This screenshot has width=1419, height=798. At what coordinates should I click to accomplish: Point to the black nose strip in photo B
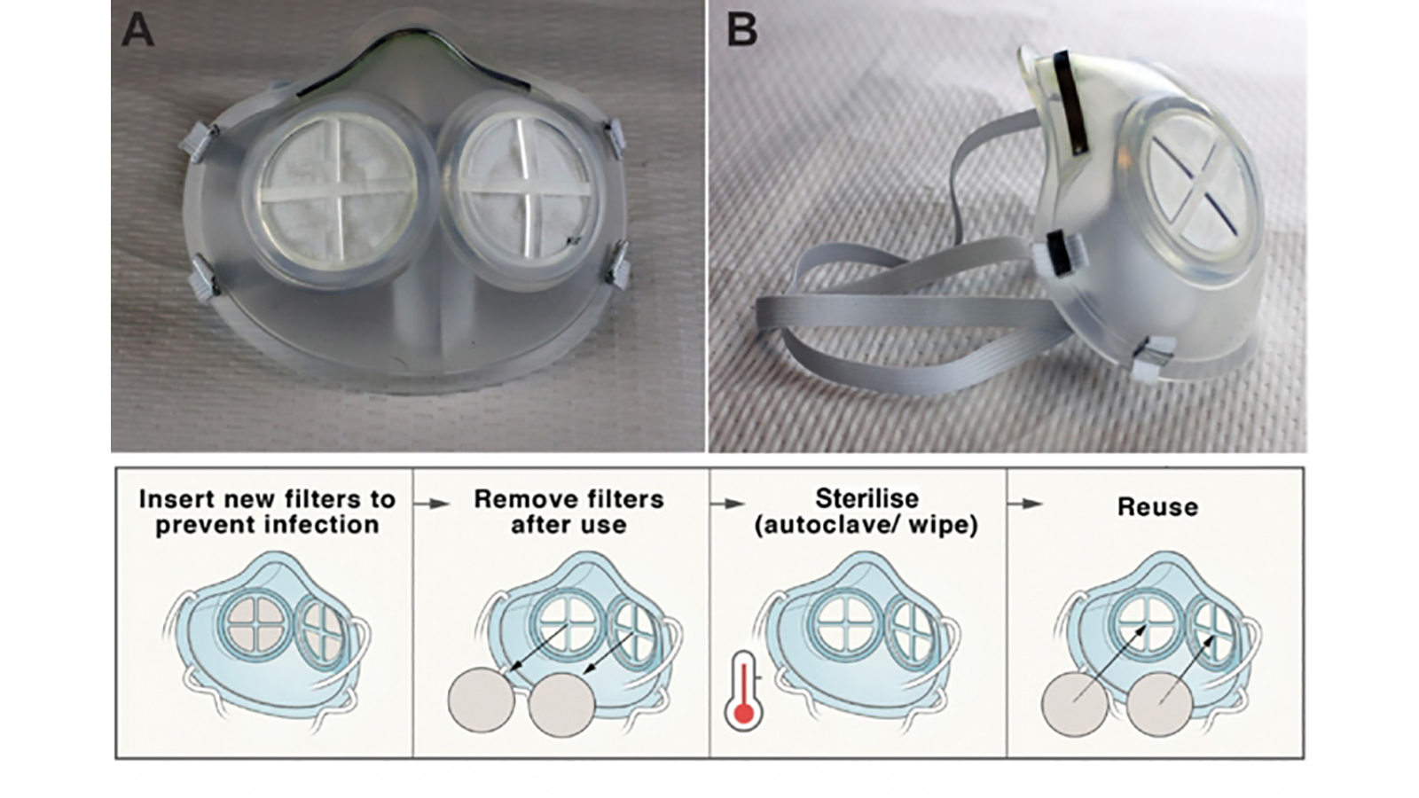[x=1071, y=103]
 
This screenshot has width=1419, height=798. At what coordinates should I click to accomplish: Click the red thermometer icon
[x=743, y=691]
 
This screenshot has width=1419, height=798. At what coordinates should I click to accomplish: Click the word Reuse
[x=1157, y=507]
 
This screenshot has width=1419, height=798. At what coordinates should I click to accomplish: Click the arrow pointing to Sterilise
[x=728, y=504]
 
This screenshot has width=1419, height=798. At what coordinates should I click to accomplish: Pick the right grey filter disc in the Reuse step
[x=1160, y=703]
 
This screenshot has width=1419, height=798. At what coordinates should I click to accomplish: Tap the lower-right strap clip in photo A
[x=618, y=269]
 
